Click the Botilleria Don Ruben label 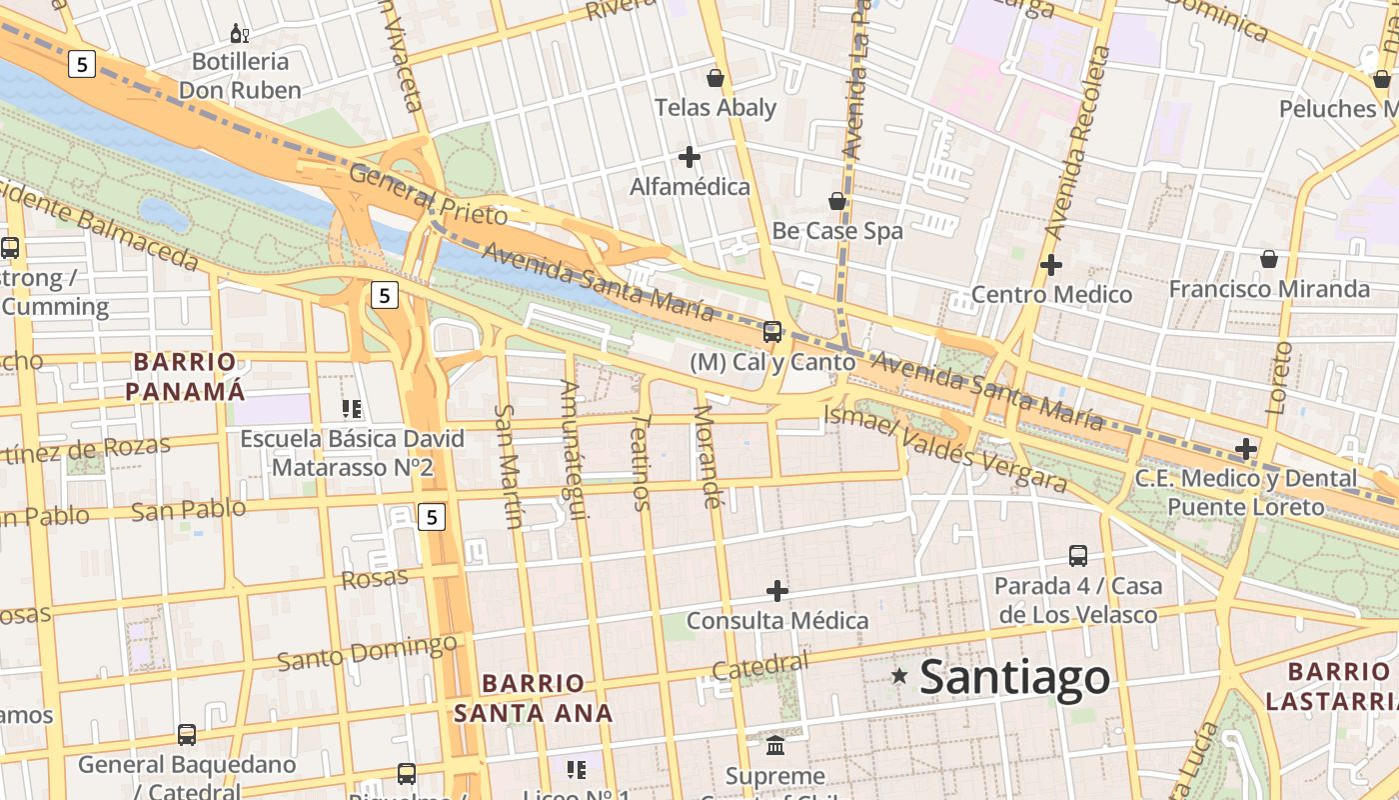click(x=240, y=76)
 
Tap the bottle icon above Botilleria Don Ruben click(x=240, y=34)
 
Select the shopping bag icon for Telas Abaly click(x=715, y=78)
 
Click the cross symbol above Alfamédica click(x=690, y=157)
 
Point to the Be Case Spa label click(x=837, y=231)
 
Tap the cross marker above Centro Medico click(x=1051, y=265)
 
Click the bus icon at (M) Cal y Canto click(x=772, y=332)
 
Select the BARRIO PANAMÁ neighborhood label click(x=186, y=376)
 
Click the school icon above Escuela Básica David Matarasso click(x=352, y=408)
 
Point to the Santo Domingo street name click(x=367, y=652)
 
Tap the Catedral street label click(x=760, y=666)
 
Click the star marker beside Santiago click(x=899, y=677)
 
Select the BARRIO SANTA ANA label click(x=533, y=698)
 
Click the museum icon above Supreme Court click(x=775, y=745)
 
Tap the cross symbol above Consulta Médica click(x=777, y=591)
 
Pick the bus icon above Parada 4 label click(x=1078, y=556)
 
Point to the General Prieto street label click(x=428, y=194)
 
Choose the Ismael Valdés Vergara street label click(x=946, y=449)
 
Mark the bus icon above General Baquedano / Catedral click(x=187, y=735)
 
